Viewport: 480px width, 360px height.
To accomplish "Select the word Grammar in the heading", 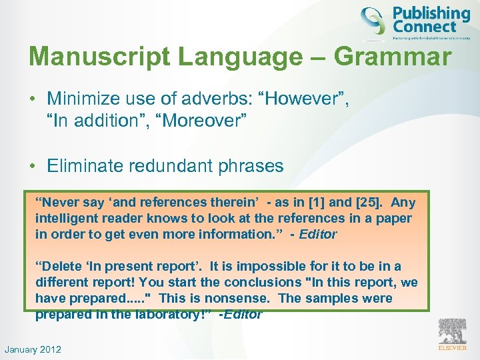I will coord(393,57).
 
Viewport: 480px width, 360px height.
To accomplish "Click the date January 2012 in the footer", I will coord(33,349).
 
